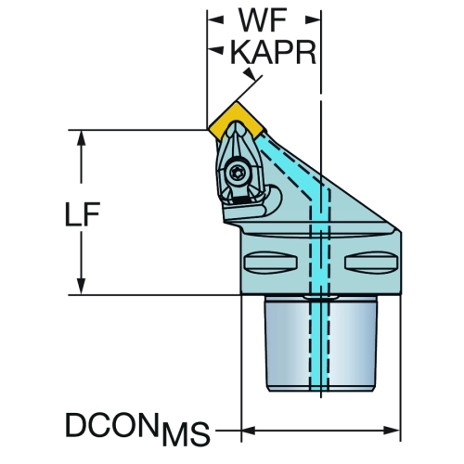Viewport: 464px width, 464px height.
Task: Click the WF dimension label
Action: [263, 20]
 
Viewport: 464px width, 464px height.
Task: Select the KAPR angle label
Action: [274, 52]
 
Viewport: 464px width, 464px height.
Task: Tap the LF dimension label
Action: [83, 214]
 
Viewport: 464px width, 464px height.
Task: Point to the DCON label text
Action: [110, 424]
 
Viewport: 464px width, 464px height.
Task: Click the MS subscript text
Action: [187, 433]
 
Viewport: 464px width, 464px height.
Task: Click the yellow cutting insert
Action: [237, 121]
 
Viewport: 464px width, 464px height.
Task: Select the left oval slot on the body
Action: [271, 262]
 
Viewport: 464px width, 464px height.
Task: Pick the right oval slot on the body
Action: [371, 262]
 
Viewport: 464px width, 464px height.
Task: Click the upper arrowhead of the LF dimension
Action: [81, 138]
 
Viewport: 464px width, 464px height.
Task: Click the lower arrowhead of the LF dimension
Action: [81, 287]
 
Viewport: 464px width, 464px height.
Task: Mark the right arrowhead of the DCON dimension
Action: [392, 431]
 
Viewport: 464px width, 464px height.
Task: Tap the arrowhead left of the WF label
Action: [215, 20]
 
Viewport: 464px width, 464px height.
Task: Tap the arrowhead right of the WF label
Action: [313, 20]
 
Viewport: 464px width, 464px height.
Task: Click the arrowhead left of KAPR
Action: [215, 49]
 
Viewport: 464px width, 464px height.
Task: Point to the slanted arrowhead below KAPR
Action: [250, 74]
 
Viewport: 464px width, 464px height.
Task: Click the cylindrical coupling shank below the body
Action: [321, 343]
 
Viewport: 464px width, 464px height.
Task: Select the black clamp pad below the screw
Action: [241, 200]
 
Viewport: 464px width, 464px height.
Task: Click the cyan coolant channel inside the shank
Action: [319, 343]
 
